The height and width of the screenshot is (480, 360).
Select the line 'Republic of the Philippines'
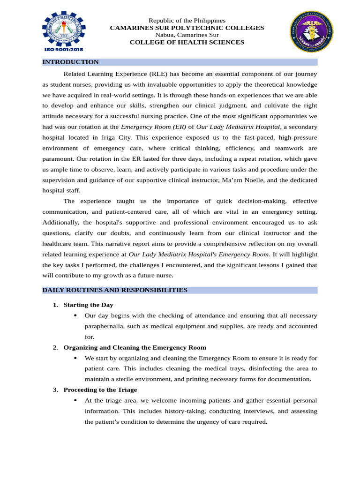[x=187, y=21]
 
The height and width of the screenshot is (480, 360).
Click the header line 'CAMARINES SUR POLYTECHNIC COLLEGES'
[x=187, y=28]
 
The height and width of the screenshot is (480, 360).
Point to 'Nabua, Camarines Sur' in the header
[x=187, y=35]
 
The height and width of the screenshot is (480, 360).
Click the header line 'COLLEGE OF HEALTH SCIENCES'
[x=187, y=43]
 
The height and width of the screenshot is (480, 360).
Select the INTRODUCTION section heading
[x=70, y=62]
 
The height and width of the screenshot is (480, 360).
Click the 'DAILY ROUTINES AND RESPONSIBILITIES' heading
[x=115, y=290]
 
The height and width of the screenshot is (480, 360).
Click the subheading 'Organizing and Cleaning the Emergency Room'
[x=135, y=347]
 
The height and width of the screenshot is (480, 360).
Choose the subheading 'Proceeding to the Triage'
[x=100, y=390]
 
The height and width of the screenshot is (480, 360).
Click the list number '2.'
[x=55, y=347]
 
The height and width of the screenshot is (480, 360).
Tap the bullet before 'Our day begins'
[x=75, y=315]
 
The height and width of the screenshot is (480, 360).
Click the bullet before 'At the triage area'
[x=75, y=400]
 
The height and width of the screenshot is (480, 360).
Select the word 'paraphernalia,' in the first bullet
[x=106, y=326]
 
